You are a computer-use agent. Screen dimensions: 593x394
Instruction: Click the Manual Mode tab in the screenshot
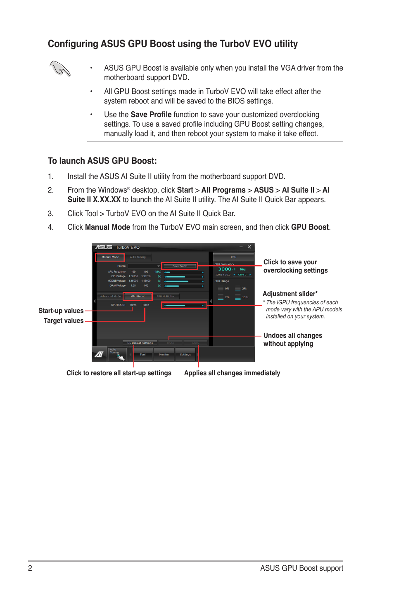[110, 257]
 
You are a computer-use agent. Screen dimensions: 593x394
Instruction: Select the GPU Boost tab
[138, 296]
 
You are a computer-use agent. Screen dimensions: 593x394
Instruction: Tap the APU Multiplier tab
[166, 296]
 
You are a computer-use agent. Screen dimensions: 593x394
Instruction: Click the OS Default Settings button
[140, 343]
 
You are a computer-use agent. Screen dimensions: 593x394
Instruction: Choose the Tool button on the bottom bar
[143, 355]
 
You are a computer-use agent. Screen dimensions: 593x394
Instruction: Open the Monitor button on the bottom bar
[164, 355]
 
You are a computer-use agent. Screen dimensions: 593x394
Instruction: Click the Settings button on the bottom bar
[185, 355]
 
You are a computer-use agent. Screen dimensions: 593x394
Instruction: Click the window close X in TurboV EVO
[249, 247]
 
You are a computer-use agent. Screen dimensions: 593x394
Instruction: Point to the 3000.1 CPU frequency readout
[227, 269]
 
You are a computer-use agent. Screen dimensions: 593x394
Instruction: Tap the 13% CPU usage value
[245, 297]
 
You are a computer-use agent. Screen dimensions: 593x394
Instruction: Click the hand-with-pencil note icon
[60, 68]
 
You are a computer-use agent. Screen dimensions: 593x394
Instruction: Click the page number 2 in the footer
[30, 568]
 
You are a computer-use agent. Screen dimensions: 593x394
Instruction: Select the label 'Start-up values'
[61, 311]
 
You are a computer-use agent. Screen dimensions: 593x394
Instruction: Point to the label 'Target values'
[64, 321]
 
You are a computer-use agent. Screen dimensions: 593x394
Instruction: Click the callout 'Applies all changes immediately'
[232, 373]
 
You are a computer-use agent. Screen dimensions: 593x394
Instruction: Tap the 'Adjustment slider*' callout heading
[290, 294]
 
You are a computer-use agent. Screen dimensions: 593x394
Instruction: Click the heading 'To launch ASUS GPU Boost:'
[102, 161]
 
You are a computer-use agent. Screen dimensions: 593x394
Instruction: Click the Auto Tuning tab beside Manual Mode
[138, 257]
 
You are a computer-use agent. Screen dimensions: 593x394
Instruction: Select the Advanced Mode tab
[110, 296]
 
